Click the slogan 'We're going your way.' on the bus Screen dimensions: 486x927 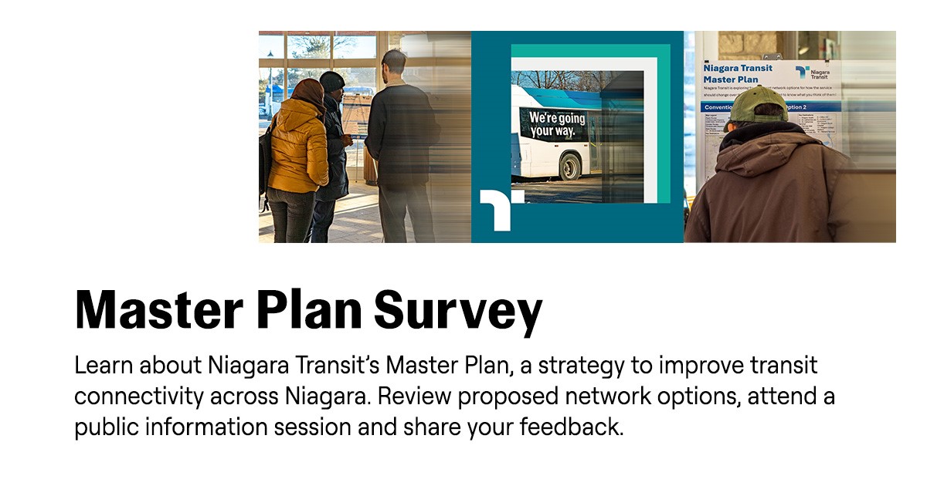[556, 124]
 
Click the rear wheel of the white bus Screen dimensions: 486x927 [570, 165]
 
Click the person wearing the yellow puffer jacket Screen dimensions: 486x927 [298, 147]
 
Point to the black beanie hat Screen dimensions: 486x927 [331, 80]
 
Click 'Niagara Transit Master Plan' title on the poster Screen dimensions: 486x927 [737, 74]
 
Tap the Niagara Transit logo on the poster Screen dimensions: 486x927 [811, 73]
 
